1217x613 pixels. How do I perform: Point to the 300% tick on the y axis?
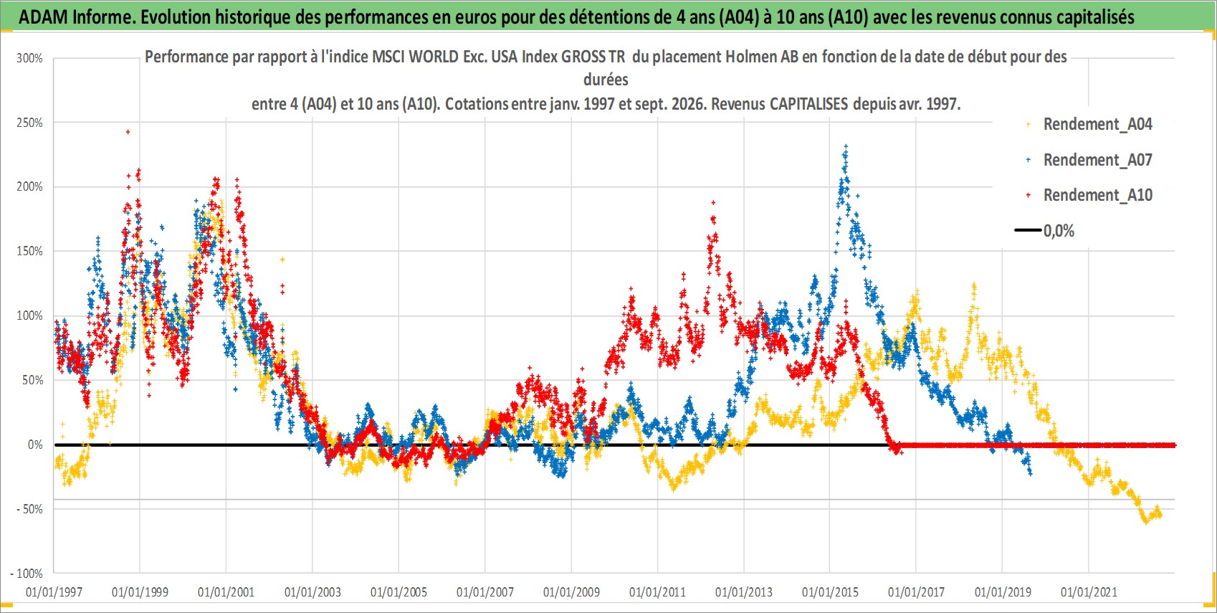(x=29, y=58)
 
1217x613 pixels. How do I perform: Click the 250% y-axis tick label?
(x=29, y=123)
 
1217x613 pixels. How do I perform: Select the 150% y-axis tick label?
(x=29, y=251)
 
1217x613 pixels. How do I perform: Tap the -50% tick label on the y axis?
(x=29, y=509)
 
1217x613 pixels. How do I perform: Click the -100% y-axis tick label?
(x=26, y=574)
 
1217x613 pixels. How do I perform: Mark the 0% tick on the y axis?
(x=35, y=445)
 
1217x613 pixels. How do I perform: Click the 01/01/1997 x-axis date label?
(x=54, y=591)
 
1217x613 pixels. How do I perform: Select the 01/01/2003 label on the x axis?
(x=312, y=591)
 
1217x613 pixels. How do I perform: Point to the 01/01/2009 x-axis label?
(x=571, y=591)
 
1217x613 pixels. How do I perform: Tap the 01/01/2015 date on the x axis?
(x=830, y=591)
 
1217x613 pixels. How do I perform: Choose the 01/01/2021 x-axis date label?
(x=1089, y=591)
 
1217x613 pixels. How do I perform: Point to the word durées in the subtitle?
(x=606, y=80)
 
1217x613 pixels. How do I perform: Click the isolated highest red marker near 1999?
(x=128, y=131)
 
